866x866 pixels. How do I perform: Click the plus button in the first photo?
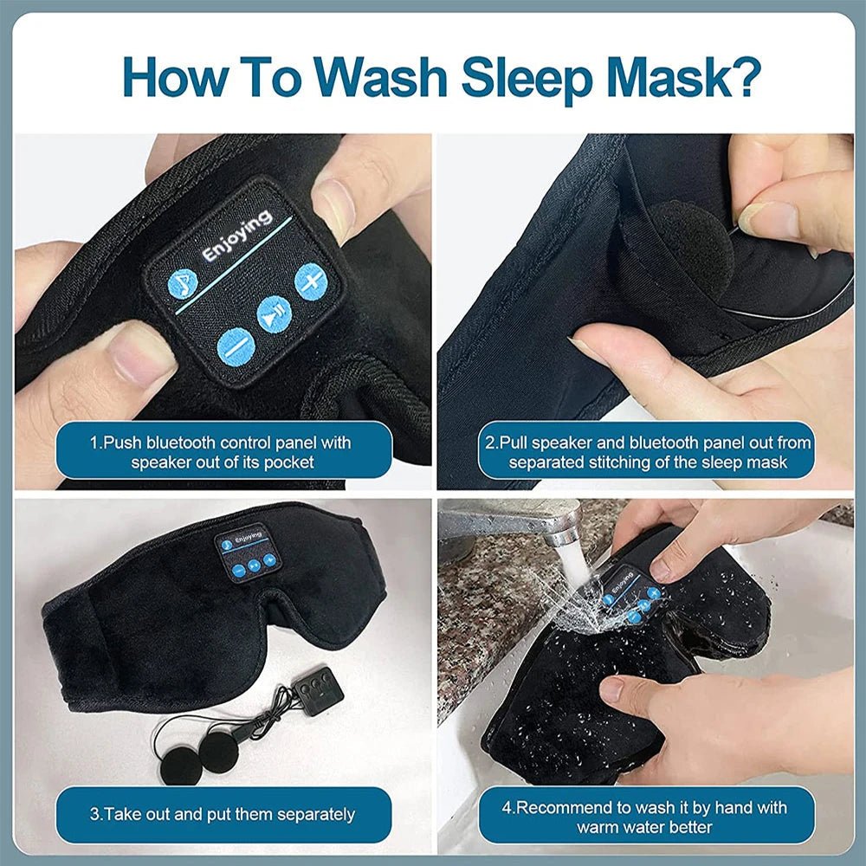310,281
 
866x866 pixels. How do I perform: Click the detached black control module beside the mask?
317,689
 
